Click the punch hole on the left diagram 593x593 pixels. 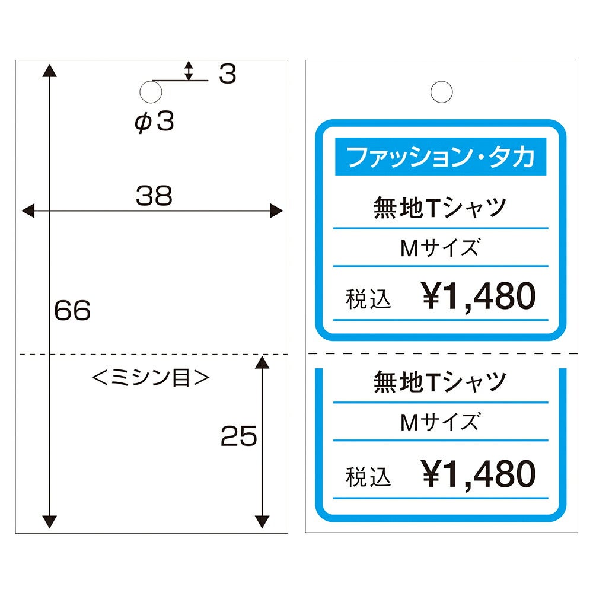tap(151, 92)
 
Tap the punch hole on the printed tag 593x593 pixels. tap(441, 92)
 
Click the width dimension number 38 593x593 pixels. tap(154, 196)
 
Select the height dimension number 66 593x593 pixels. tap(72, 310)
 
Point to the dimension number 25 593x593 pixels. tap(238, 436)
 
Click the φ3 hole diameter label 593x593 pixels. tap(154, 122)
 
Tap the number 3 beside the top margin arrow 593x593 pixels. tap(228, 74)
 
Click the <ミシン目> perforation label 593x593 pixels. tap(151, 377)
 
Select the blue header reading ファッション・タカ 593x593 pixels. tap(441, 156)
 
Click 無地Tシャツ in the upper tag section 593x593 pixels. tap(440, 207)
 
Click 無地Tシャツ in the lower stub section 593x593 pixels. tap(440, 381)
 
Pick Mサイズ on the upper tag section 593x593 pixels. tap(440, 248)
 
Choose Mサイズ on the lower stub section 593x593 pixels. tap(440, 422)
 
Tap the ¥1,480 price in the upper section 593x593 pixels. tap(479, 296)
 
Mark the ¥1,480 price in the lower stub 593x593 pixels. tap(479, 474)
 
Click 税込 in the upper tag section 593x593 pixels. tap(368, 299)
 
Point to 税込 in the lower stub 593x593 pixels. tap(368, 477)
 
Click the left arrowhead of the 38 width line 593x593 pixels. tap(28, 211)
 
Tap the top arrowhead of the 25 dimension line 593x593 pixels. tap(262, 362)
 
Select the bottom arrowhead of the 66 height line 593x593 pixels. tap(50, 521)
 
